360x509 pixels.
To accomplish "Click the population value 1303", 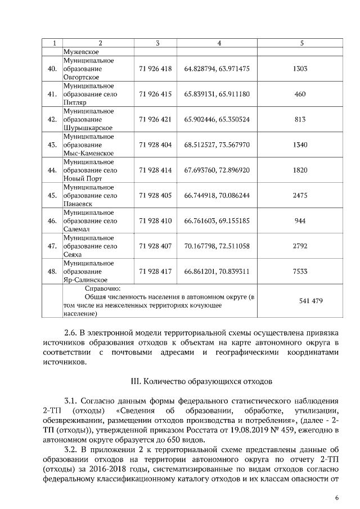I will coord(300,69).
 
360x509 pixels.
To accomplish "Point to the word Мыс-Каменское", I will coord(88,153).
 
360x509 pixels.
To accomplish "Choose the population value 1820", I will coord(300,170).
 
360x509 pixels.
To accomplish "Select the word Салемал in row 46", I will coord(77,229).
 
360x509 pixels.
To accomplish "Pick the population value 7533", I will coord(300,271).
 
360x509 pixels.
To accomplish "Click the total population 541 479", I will coord(300,301).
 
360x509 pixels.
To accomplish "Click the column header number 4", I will coord(219,43).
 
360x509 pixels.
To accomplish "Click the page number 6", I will coord(336,497).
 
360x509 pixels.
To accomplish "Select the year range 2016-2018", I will coord(101,470).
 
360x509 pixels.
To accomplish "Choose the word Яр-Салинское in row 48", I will coord(85,280).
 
